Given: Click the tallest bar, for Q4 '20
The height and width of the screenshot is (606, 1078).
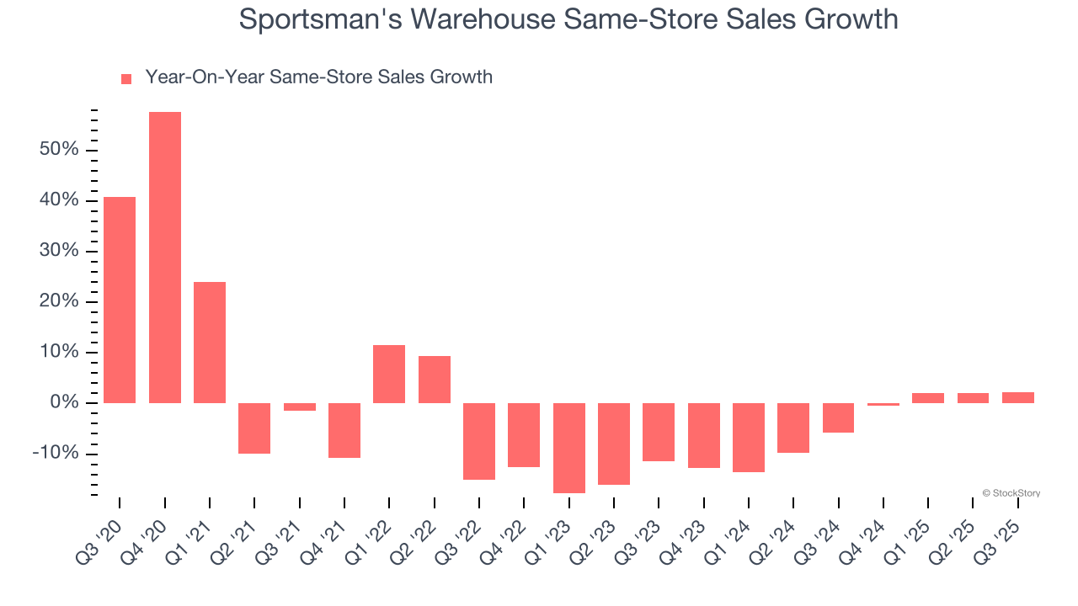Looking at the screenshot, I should point(165,257).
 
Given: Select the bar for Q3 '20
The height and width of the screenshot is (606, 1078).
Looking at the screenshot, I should point(120,300).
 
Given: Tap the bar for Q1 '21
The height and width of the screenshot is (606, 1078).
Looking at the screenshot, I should point(210,342).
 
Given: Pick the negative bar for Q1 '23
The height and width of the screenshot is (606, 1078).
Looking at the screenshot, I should point(569,448).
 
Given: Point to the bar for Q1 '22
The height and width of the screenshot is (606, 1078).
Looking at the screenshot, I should point(389,374).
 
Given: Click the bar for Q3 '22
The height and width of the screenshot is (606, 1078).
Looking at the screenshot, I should point(479,441).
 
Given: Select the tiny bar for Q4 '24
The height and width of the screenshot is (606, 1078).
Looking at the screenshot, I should point(883,404).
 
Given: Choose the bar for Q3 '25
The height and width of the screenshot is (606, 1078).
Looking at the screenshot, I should point(1018,397).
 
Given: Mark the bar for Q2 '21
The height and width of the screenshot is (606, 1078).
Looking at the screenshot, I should point(254,428).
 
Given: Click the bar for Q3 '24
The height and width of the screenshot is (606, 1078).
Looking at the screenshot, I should point(838,417).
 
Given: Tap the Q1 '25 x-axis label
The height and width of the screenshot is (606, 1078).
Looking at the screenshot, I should point(907,532).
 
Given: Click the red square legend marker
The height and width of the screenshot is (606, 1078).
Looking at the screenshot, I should point(126,78).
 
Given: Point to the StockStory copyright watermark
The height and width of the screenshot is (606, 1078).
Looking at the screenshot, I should point(1011,493).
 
